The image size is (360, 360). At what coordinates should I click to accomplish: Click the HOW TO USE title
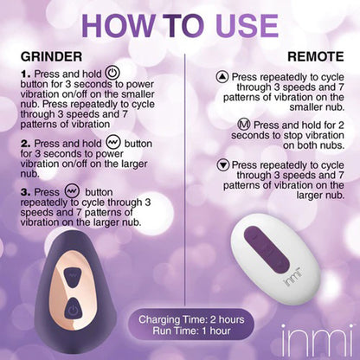coord(180,25)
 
